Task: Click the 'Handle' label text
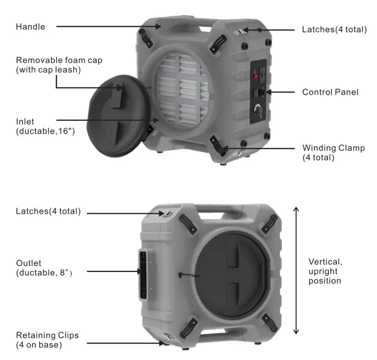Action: pyautogui.click(x=30, y=26)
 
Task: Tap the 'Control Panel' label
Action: pyautogui.click(x=330, y=92)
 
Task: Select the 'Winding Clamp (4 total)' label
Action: pyautogui.click(x=333, y=153)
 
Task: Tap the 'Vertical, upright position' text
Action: pyautogui.click(x=325, y=271)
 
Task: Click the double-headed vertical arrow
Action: pyautogui.click(x=296, y=270)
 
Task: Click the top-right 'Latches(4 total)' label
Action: pyautogui.click(x=334, y=29)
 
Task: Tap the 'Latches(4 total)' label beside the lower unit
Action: pyautogui.click(x=48, y=212)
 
